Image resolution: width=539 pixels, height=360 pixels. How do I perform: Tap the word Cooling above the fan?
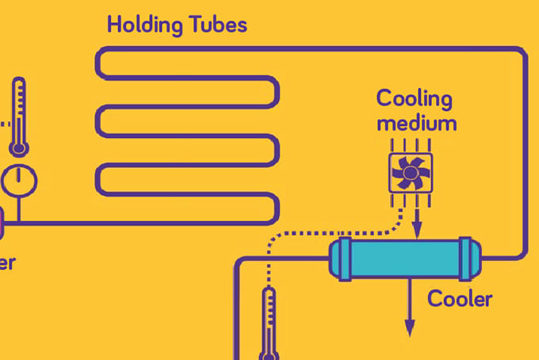coord(414,101)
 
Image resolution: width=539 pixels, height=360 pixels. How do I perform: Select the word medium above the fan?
coord(416,124)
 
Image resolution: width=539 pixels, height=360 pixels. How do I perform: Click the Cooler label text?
coord(460,300)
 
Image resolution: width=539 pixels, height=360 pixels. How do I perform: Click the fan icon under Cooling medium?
coord(410,171)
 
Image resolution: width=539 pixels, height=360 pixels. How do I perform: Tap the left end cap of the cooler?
coord(339,259)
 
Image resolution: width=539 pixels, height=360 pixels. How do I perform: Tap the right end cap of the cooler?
coord(472,259)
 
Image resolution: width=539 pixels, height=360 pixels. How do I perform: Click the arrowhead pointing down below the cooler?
coord(410,327)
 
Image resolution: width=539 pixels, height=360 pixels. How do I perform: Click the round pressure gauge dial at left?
coord(19,182)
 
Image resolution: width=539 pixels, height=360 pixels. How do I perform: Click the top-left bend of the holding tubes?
coord(101,54)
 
